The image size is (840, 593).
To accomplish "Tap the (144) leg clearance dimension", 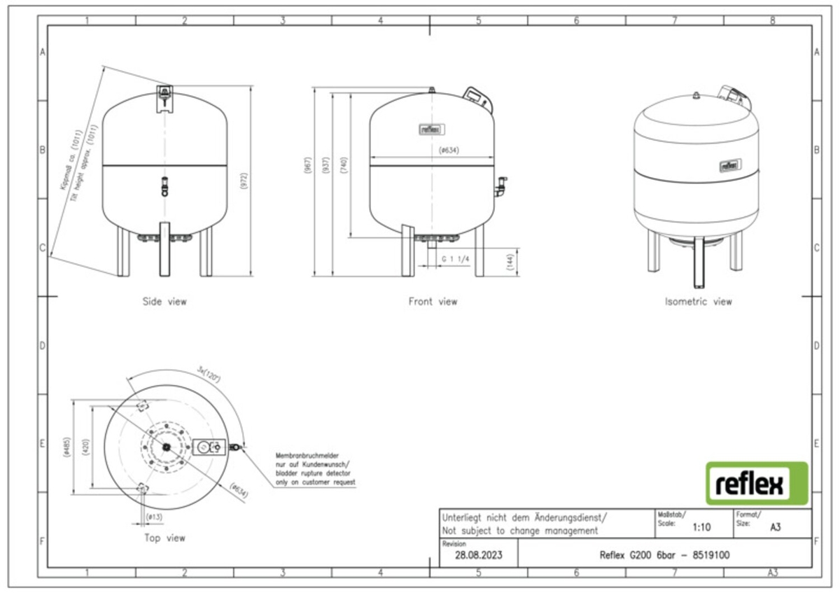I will pyautogui.click(x=510, y=263).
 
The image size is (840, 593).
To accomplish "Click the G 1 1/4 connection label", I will pyautogui.click(x=455, y=259).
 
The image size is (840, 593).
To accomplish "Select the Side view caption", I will pyautogui.click(x=165, y=302).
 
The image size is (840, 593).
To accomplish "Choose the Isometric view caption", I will pyautogui.click(x=698, y=302).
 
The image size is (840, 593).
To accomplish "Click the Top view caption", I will pyautogui.click(x=164, y=538).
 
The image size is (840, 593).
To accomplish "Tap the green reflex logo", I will pyautogui.click(x=756, y=484).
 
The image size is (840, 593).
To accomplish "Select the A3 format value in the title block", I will pyautogui.click(x=775, y=527).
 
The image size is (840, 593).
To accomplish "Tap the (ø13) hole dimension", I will pyautogui.click(x=155, y=517).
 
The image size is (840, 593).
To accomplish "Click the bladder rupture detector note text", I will pyautogui.click(x=315, y=469).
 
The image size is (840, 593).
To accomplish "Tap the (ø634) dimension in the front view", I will pyautogui.click(x=448, y=151).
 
